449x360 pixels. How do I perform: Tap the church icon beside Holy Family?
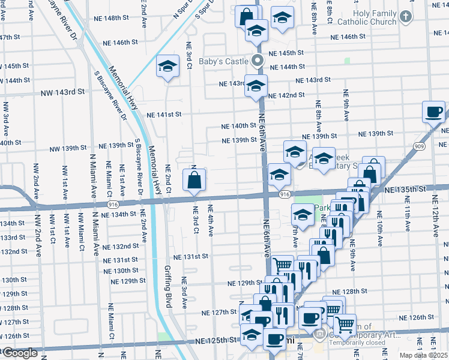(406, 17)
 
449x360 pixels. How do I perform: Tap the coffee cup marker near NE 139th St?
(433, 112)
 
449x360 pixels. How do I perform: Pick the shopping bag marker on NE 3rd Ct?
(194, 180)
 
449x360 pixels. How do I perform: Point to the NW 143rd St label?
(62, 93)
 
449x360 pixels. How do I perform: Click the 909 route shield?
(418, 146)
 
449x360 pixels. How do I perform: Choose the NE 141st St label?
(163, 114)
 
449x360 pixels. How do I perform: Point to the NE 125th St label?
(217, 341)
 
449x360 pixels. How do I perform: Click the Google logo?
(20, 353)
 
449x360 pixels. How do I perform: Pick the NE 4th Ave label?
(211, 221)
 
